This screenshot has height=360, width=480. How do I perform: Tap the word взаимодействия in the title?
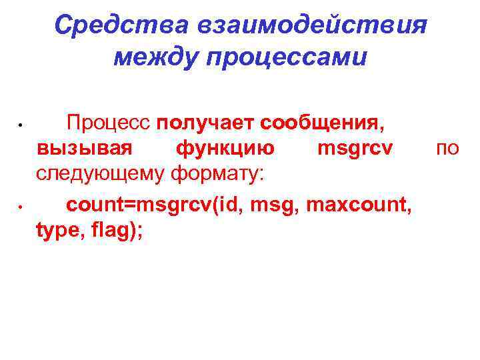click(311, 27)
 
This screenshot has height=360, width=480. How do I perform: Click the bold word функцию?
click(225, 148)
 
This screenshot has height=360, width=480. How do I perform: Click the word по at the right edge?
click(447, 148)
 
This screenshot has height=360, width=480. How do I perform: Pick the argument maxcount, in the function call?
click(359, 203)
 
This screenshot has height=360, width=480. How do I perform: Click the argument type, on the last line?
click(60, 229)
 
